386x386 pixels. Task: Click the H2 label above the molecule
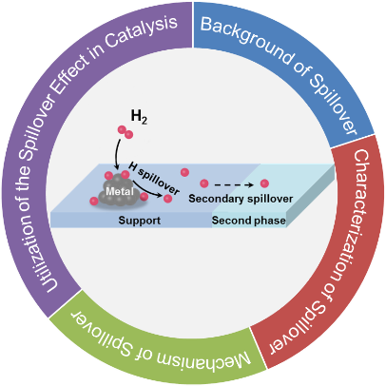coord(139,117)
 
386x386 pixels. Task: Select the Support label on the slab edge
coord(140,221)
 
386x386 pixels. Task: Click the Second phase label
coord(249,221)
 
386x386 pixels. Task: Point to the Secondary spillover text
coord(241,199)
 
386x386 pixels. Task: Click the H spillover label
coord(154,179)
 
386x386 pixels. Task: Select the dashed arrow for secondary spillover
coord(233,183)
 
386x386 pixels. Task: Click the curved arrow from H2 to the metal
coord(117,154)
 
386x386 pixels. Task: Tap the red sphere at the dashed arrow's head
coord(264,183)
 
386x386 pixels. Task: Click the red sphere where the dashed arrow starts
coord(204,183)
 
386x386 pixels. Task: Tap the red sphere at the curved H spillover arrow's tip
coord(167,199)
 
